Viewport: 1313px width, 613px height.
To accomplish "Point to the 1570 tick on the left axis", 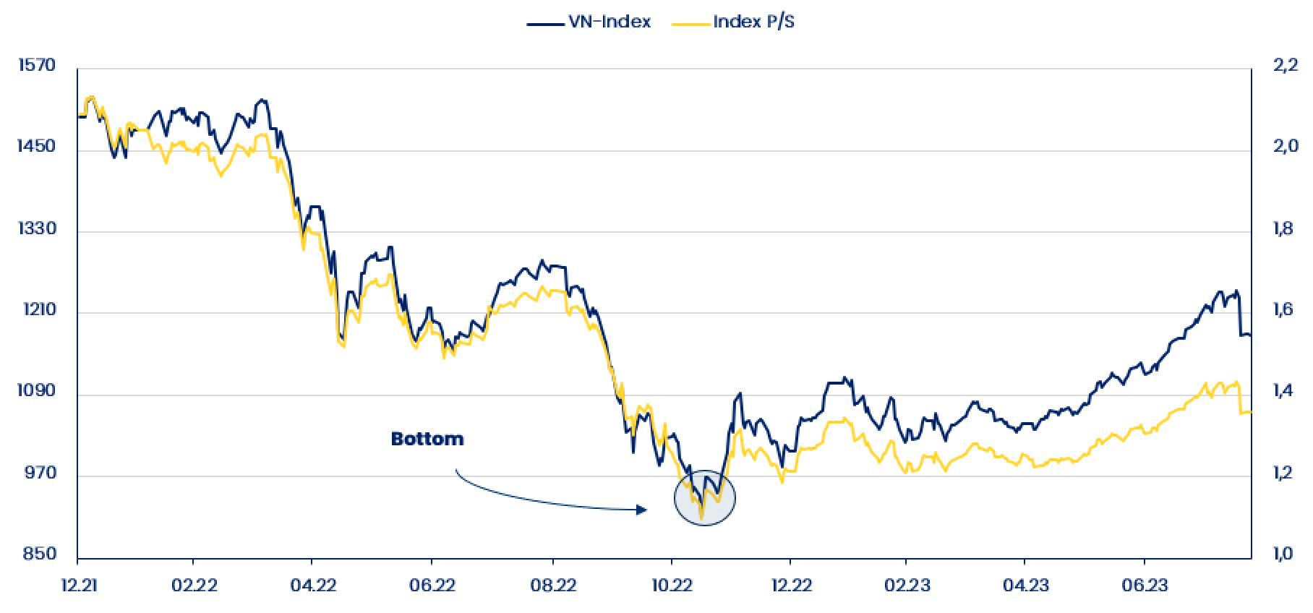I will [36, 65].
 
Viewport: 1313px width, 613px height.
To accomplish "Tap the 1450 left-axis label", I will [36, 147].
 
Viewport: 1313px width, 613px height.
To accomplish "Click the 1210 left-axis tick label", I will [36, 310].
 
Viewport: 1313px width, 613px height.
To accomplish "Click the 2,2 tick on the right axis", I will [1285, 65].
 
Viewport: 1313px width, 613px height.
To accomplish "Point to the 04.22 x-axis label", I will [312, 585].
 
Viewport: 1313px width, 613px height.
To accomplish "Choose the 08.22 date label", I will [552, 585].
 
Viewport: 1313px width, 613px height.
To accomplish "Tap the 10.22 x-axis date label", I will [672, 585].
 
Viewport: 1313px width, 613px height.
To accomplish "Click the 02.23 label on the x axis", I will [907, 585].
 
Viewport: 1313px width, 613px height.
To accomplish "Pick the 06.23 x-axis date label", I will [1145, 585].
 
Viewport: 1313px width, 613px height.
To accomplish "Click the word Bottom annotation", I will [427, 439].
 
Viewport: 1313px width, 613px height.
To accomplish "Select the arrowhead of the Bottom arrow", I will [642, 510].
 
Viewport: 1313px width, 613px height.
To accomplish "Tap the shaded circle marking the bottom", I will [705, 498].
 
